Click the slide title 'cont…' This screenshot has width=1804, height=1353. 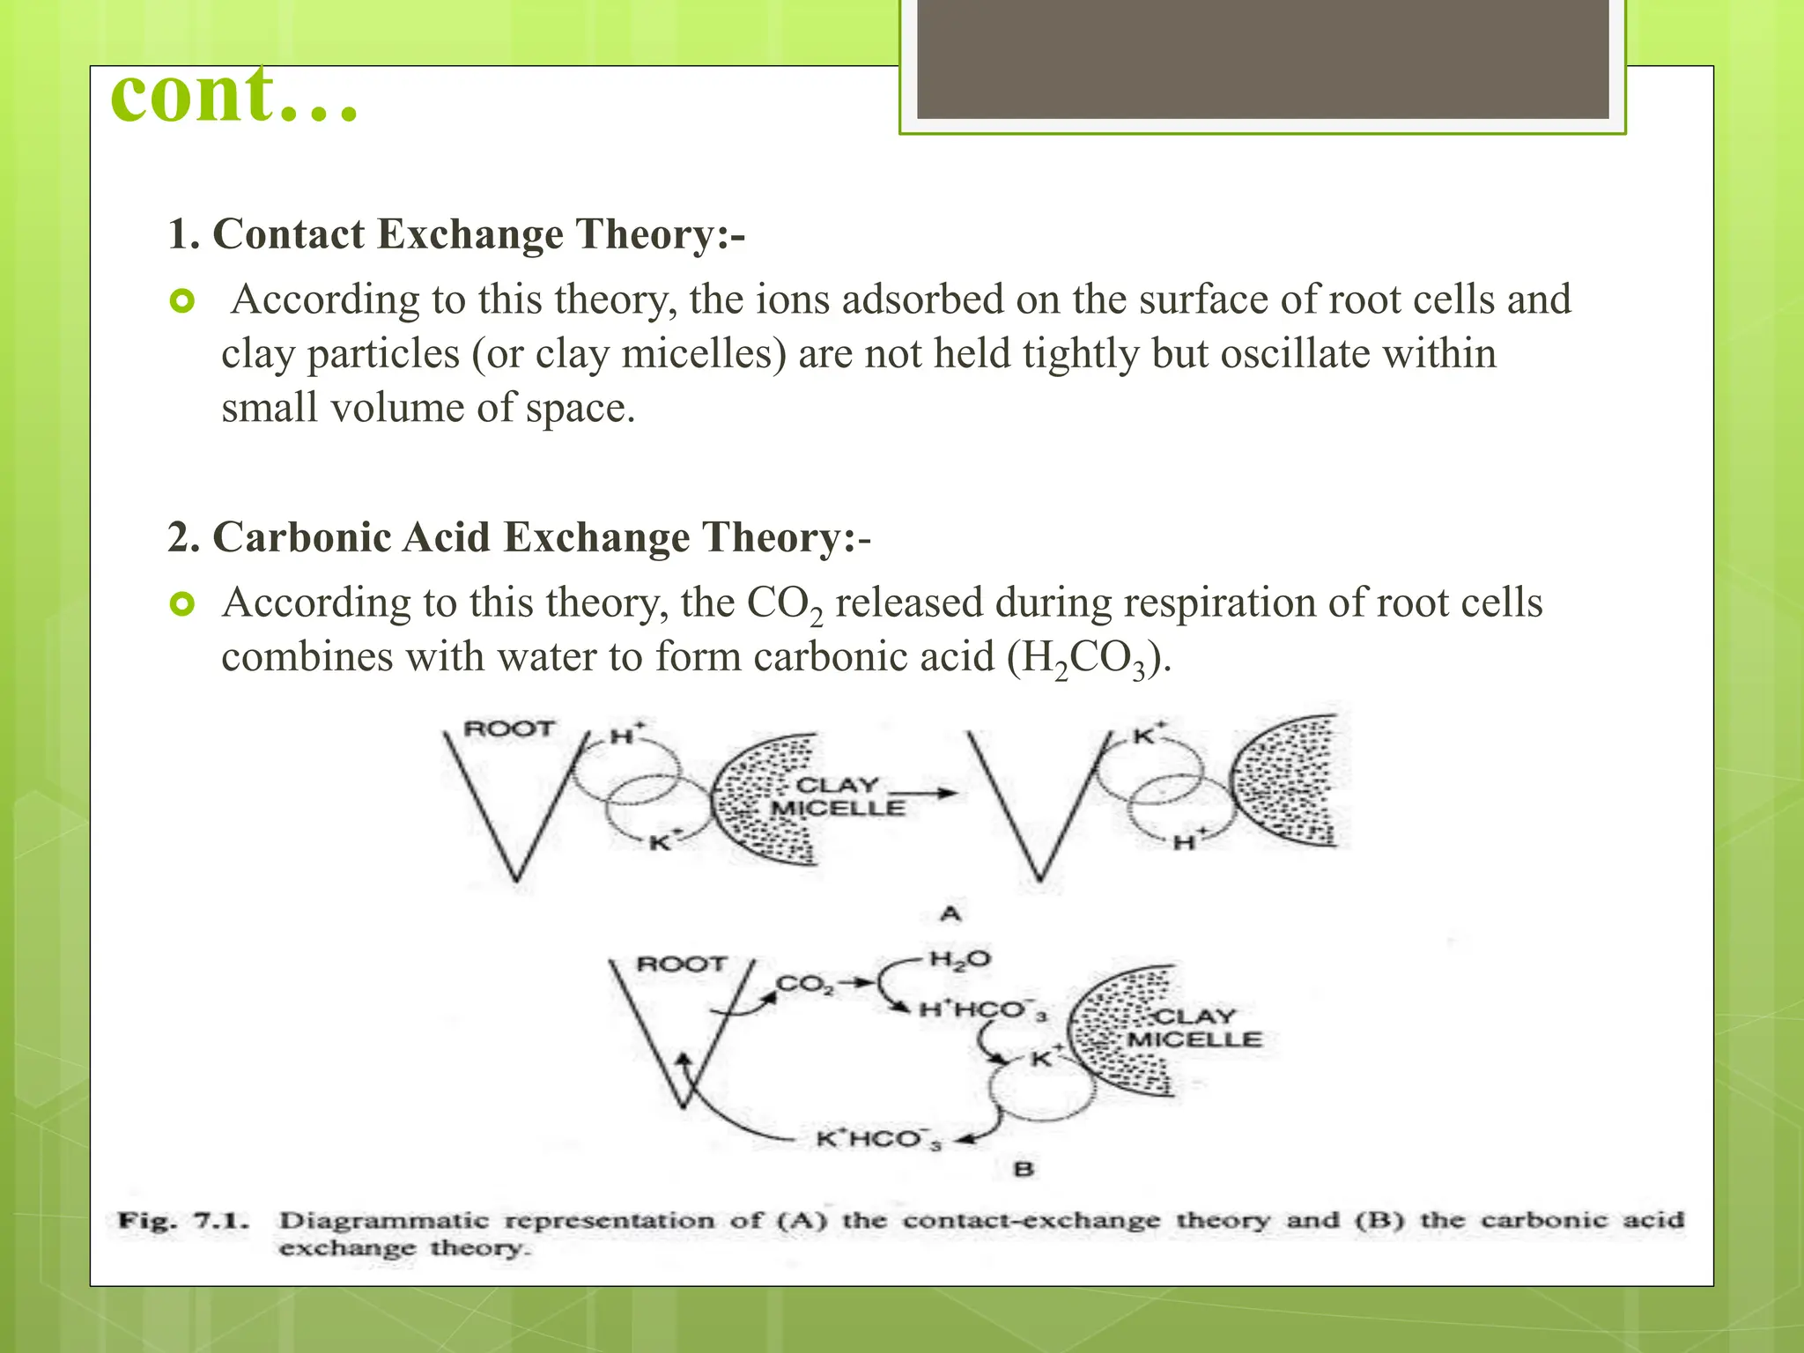pos(234,95)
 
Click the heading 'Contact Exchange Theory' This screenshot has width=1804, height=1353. pos(456,234)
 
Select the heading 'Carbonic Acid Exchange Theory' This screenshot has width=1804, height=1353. pos(519,537)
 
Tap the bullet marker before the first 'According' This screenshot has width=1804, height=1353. pos(182,302)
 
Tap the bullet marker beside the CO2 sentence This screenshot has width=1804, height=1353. pos(182,605)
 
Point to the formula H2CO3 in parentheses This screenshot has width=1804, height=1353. pos(1085,658)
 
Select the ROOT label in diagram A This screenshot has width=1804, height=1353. pos(509,729)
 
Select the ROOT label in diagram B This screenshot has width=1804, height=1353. pos(681,964)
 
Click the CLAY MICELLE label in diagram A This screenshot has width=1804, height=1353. pos(838,796)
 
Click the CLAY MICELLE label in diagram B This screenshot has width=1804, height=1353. pos(1194,1028)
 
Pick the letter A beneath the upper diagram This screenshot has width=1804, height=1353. pos(950,913)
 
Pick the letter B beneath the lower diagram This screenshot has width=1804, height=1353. pos(1024,1170)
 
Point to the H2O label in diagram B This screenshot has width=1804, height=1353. pos(959,959)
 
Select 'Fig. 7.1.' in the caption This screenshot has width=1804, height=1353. pos(184,1222)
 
